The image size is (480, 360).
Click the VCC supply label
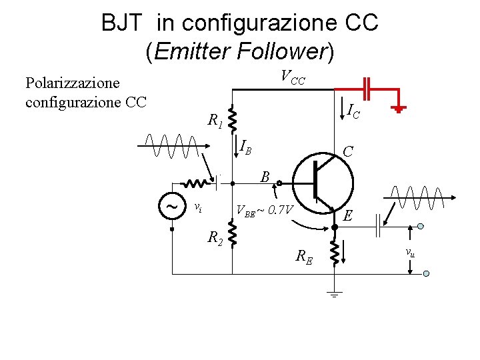point(293,77)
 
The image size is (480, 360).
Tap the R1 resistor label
point(215,121)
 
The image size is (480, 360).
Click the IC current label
point(354,110)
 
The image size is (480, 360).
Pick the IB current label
point(246,146)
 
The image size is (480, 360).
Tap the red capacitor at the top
point(367,87)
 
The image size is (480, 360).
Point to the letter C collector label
point(347,152)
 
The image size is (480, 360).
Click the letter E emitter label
point(347,215)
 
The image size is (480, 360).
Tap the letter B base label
point(265,177)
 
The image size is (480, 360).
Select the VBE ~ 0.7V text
point(265,211)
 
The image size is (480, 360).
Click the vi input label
point(197,207)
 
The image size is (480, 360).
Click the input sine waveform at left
point(172,145)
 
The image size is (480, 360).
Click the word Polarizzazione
point(72,83)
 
